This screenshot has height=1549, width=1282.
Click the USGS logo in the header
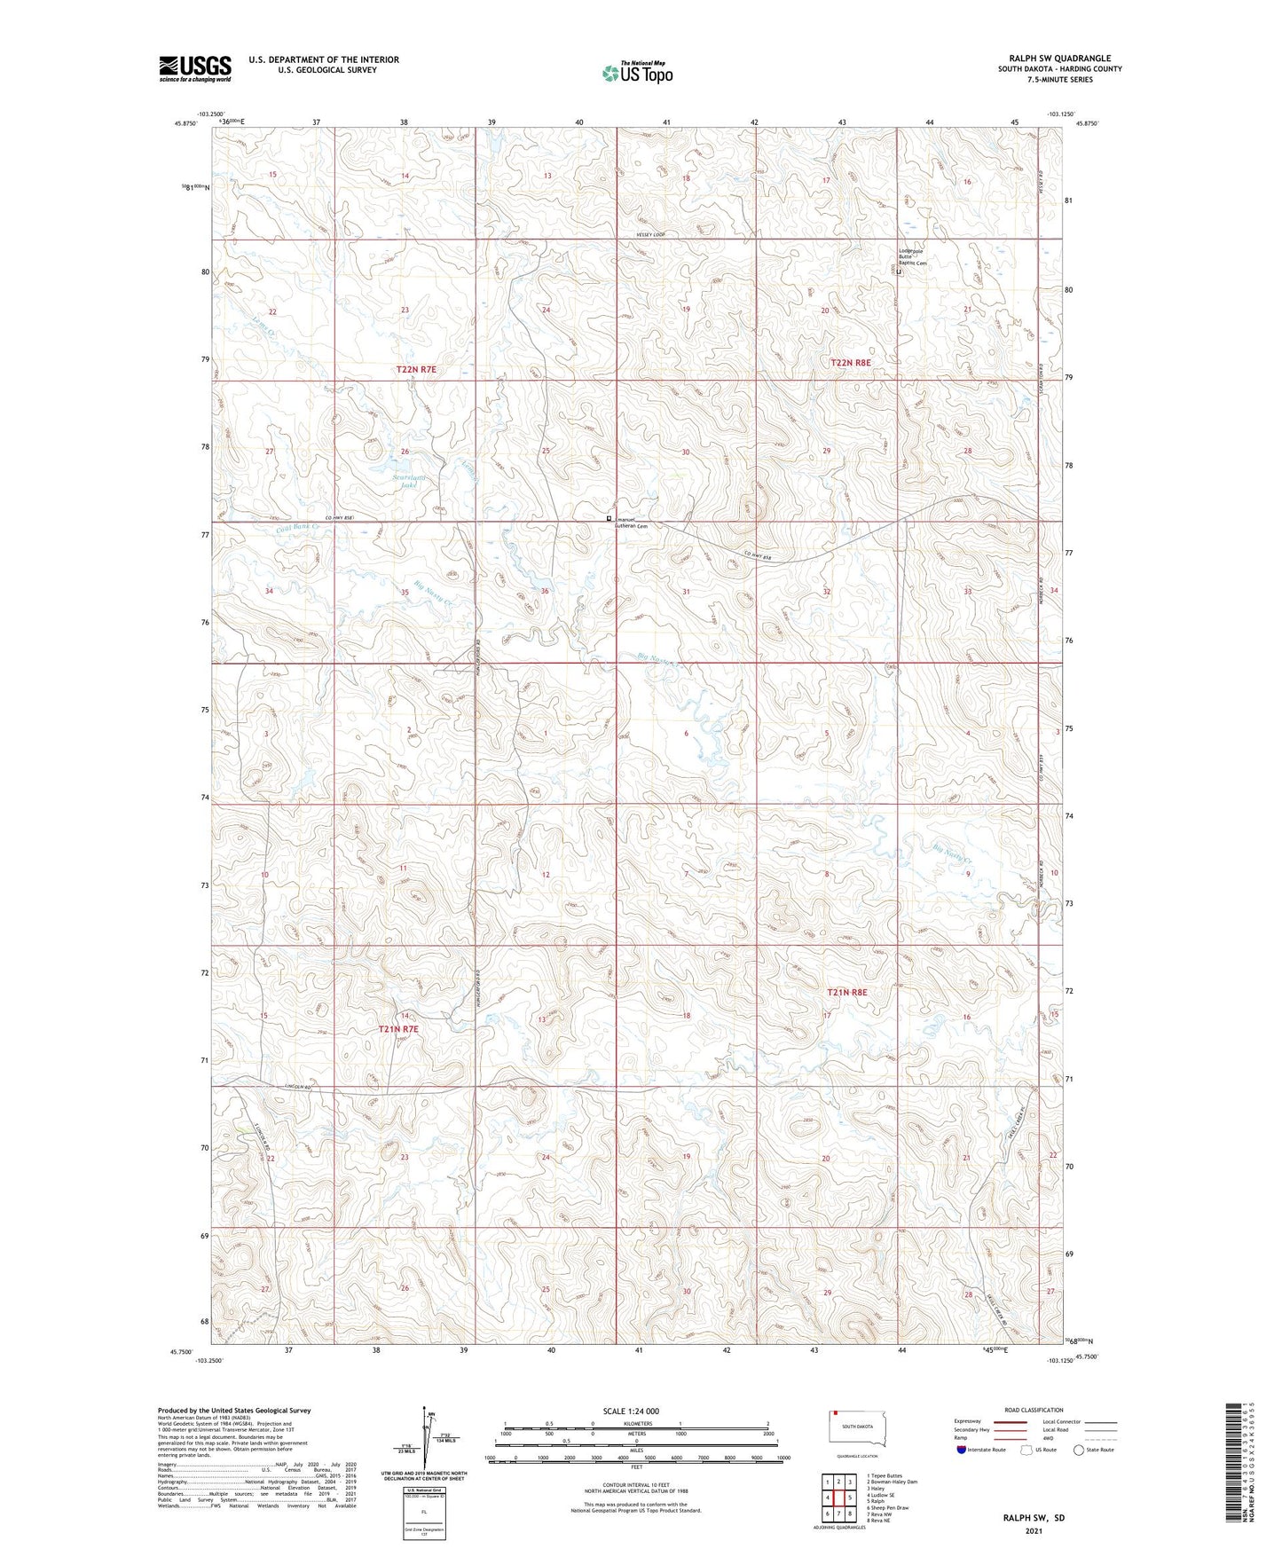coord(194,68)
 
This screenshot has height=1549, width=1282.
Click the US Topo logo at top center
coord(636,72)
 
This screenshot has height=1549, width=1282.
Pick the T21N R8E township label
coord(846,992)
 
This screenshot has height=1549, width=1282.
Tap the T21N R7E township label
coord(397,1029)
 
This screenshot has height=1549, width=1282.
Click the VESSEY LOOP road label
coord(650,234)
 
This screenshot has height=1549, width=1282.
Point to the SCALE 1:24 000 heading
coord(631,1411)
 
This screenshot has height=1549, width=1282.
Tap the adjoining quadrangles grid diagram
coord(838,1498)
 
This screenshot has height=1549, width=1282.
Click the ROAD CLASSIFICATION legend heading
coord(1034,1410)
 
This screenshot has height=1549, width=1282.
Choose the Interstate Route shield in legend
coord(963,1450)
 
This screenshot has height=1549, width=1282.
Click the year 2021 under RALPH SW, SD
coord(1034,1530)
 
